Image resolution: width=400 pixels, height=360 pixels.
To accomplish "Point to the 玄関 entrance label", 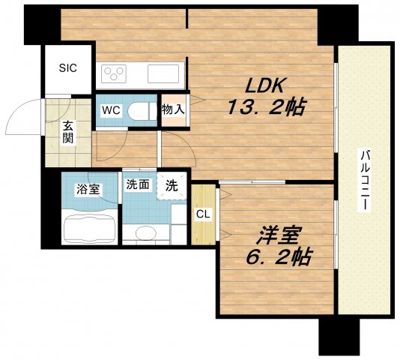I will coord(68,133).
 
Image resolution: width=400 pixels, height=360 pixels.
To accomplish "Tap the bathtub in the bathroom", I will coord(89,226).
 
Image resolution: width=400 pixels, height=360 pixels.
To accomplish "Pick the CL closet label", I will coord(202,214).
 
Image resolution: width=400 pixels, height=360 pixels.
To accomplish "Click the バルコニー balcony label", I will coord(364,179).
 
